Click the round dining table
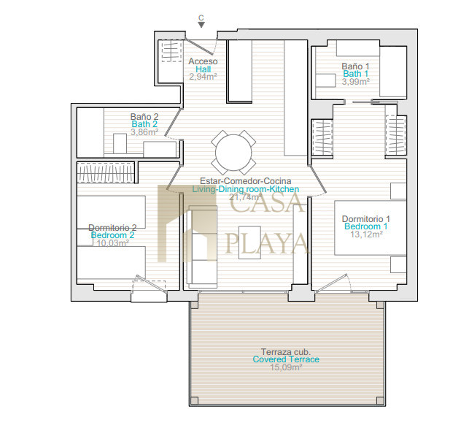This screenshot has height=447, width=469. (x=233, y=153)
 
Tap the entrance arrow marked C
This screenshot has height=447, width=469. (x=201, y=25)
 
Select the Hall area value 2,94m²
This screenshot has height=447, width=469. (x=203, y=77)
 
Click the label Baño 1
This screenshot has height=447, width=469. (x=355, y=66)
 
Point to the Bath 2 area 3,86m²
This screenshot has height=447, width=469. (x=144, y=131)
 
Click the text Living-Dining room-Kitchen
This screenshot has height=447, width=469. (x=246, y=189)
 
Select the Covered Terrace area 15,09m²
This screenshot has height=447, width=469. (x=286, y=367)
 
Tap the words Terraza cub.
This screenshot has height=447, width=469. (x=286, y=351)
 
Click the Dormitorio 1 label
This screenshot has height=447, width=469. (x=366, y=218)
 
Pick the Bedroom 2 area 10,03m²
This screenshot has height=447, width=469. (x=113, y=243)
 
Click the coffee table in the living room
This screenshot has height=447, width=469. (x=249, y=242)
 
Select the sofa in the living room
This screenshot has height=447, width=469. (x=202, y=245)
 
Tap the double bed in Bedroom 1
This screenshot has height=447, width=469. (x=370, y=228)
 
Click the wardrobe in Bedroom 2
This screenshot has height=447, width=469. (x=106, y=172)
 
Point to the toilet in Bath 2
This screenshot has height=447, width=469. (x=120, y=144)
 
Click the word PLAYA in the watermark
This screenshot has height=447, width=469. (x=266, y=243)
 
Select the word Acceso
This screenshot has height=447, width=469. (x=203, y=61)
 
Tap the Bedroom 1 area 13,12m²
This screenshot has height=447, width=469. (x=366, y=234)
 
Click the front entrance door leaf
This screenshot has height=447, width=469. (x=200, y=47)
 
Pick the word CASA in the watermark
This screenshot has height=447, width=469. (x=267, y=202)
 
